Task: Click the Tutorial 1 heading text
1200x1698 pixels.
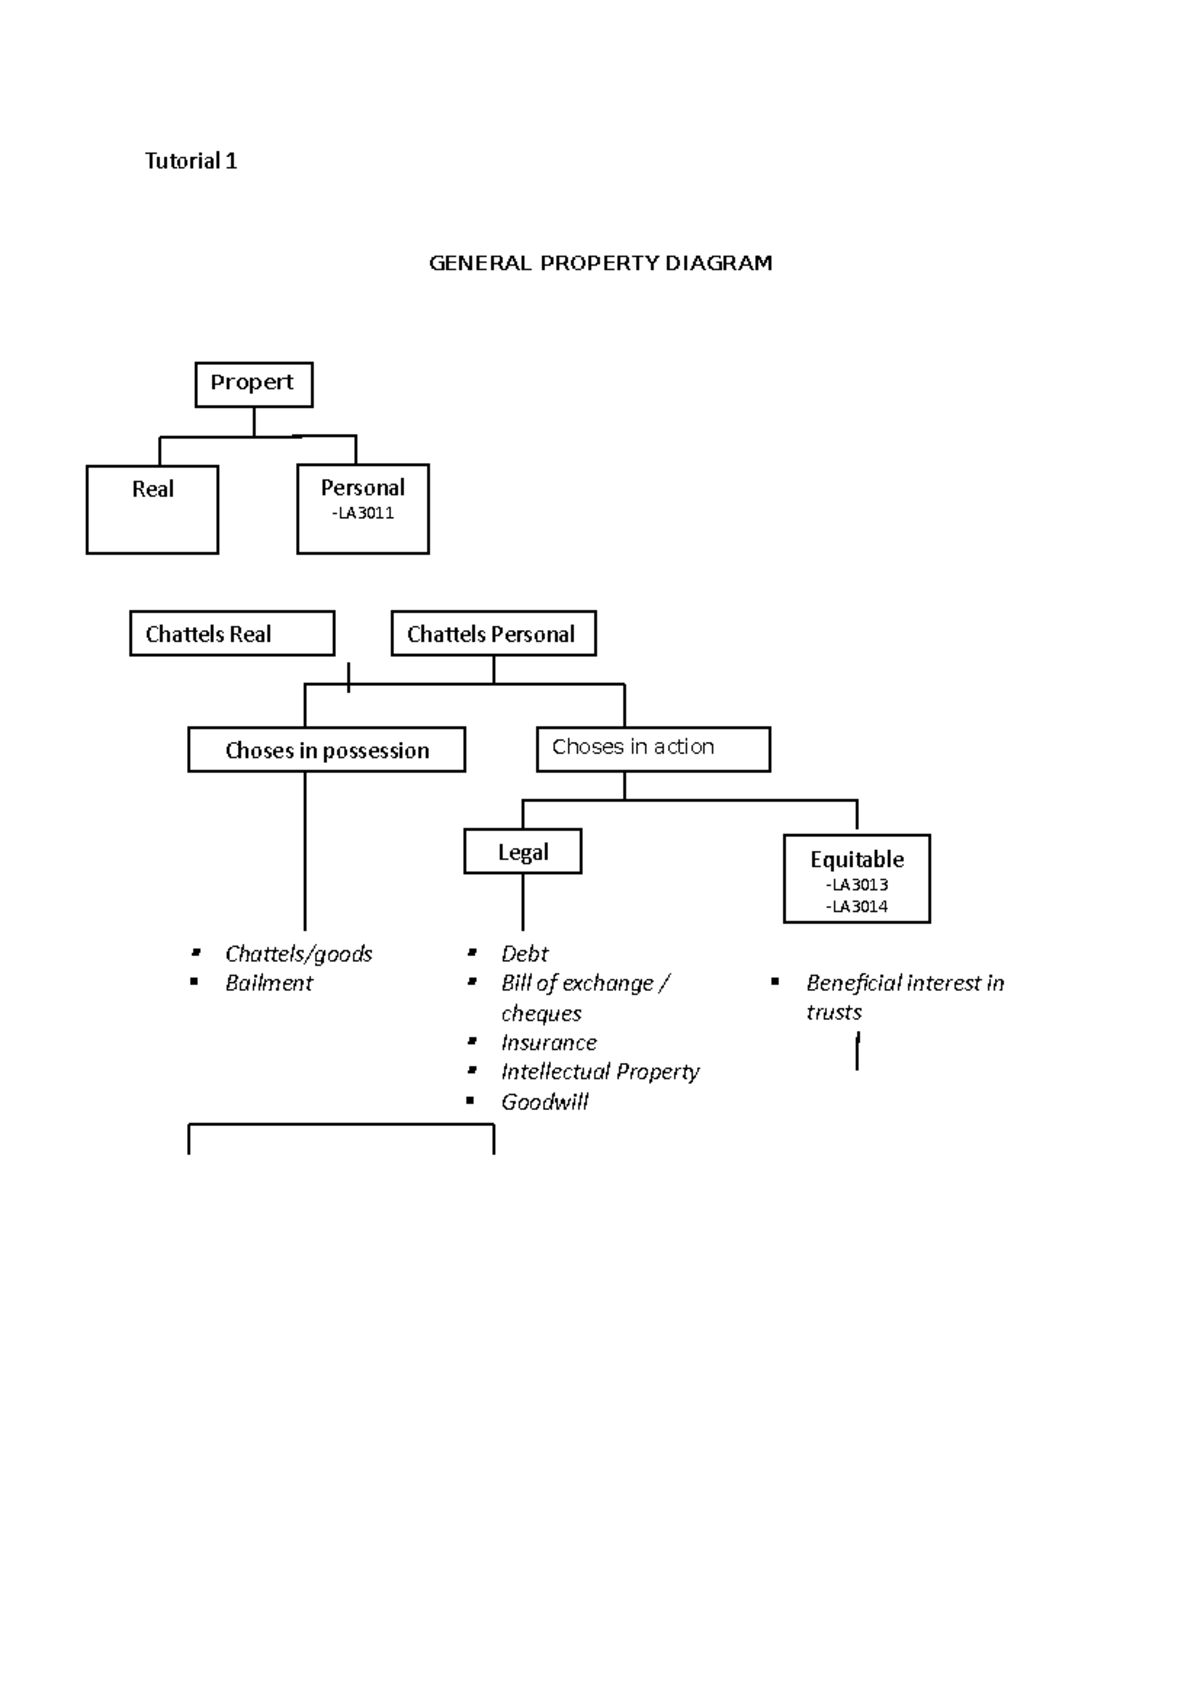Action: (x=191, y=161)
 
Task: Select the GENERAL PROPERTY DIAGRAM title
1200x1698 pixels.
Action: (x=600, y=263)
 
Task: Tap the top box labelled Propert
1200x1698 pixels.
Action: (x=253, y=384)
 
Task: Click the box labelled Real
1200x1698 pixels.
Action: (x=152, y=508)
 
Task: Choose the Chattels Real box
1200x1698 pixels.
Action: (x=231, y=634)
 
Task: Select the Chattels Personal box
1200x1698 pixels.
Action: (x=493, y=634)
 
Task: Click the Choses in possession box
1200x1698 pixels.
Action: (x=326, y=750)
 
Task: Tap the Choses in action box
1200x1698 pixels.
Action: (x=652, y=748)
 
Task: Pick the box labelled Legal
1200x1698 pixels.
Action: (x=523, y=852)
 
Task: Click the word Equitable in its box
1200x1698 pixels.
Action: (x=857, y=859)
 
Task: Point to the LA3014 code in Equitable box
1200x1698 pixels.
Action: (x=857, y=906)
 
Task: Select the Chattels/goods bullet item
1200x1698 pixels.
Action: (x=298, y=954)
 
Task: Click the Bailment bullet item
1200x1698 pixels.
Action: (x=269, y=983)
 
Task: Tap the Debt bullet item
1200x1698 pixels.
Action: (x=525, y=954)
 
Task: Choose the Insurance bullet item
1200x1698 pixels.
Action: (x=549, y=1042)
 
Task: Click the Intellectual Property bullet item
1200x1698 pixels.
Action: (x=600, y=1072)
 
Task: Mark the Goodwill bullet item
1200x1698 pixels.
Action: (x=545, y=1102)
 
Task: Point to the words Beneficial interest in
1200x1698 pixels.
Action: (x=905, y=983)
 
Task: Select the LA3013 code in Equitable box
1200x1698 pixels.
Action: (x=857, y=884)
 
